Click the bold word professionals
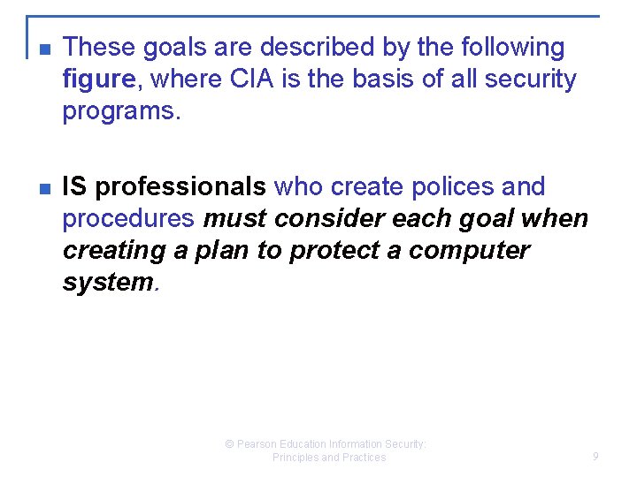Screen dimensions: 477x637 [x=180, y=187]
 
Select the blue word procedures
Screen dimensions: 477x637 [x=127, y=219]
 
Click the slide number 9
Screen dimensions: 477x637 [x=595, y=457]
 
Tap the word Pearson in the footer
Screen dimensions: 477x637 [x=259, y=444]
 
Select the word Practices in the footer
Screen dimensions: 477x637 [x=364, y=458]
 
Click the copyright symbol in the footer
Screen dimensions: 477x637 [x=230, y=444]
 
